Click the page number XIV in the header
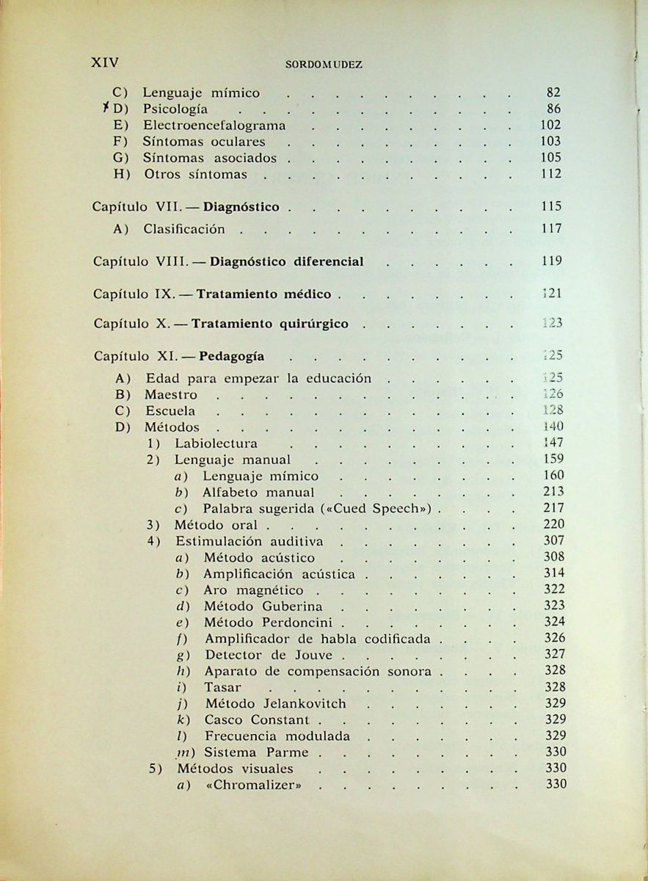pos(104,62)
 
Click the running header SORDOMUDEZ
pos(324,65)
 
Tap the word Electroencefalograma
pos(214,125)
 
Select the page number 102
pos(550,125)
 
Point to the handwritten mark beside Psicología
pos(107,109)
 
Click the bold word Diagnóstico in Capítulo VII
pos(241,207)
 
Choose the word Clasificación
pos(184,229)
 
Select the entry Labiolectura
pos(216,443)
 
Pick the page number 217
pos(554,508)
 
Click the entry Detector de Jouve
pos(269,655)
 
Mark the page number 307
pos(554,541)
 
